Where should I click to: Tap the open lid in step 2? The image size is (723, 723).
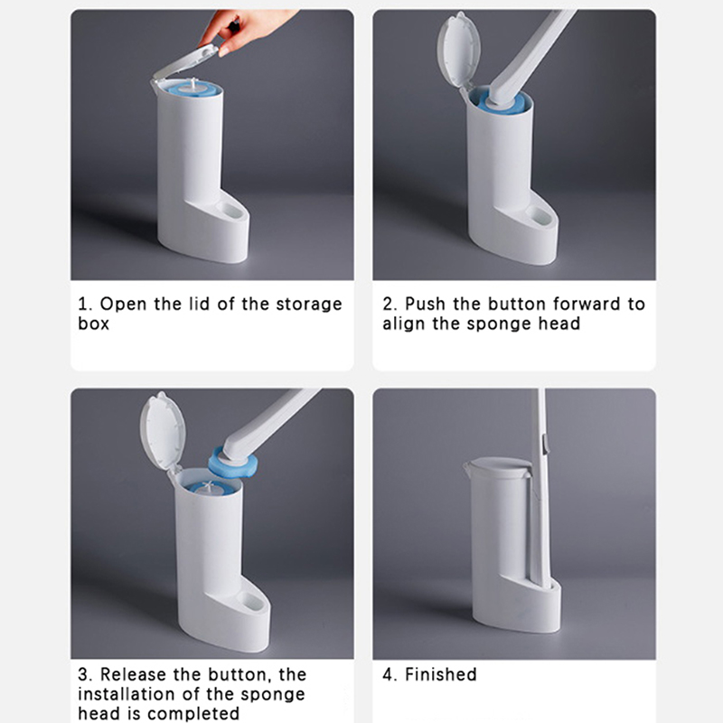[x=459, y=50]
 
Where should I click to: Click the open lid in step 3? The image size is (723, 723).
[x=163, y=430]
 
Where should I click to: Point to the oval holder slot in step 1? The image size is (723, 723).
[x=230, y=211]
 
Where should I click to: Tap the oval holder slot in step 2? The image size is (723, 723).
[x=538, y=215]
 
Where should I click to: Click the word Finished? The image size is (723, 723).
[x=441, y=674]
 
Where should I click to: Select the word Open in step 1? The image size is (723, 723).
[x=123, y=305]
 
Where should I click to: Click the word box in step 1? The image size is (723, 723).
[x=94, y=324]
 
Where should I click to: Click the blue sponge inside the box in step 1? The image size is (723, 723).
[x=193, y=89]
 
